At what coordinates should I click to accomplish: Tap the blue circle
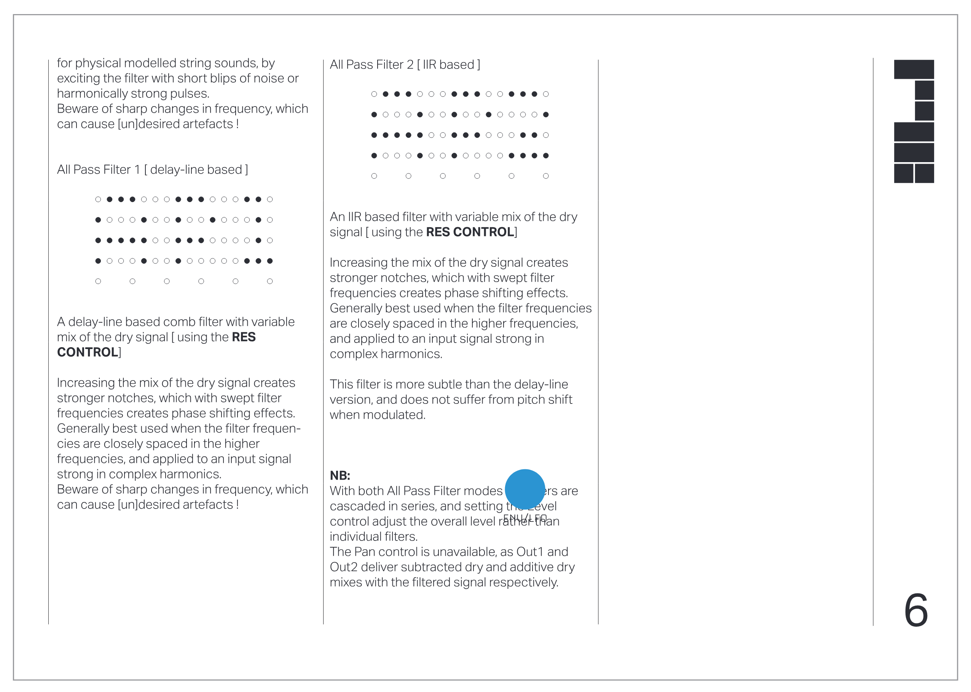(525, 489)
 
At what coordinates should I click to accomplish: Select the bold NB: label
(340, 475)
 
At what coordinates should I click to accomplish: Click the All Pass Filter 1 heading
(152, 170)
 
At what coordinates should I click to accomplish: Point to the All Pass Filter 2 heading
(404, 64)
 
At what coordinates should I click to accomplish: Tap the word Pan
(365, 552)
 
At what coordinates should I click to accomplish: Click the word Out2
(343, 567)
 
